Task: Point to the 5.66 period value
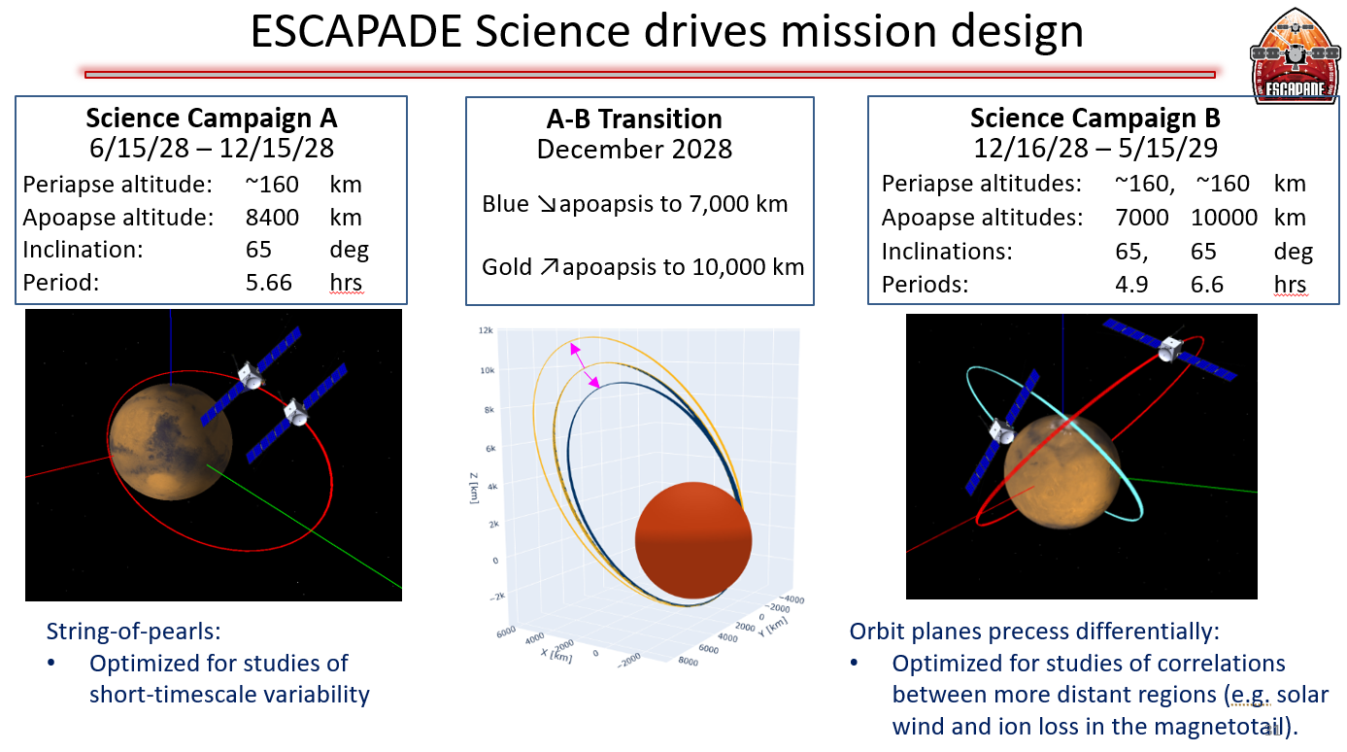pyautogui.click(x=268, y=283)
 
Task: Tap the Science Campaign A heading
pyautogui.click(x=212, y=119)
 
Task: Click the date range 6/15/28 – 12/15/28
pyautogui.click(x=212, y=150)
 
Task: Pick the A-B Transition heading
pyautogui.click(x=634, y=120)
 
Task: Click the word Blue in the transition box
pyautogui.click(x=505, y=204)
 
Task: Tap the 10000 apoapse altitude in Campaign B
pyautogui.click(x=1224, y=218)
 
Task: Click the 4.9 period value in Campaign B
pyautogui.click(x=1131, y=285)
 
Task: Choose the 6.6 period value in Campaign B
pyautogui.click(x=1207, y=285)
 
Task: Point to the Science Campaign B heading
pyautogui.click(x=1095, y=119)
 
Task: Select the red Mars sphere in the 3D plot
pyautogui.click(x=692, y=540)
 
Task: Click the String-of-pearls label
pyautogui.click(x=134, y=632)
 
